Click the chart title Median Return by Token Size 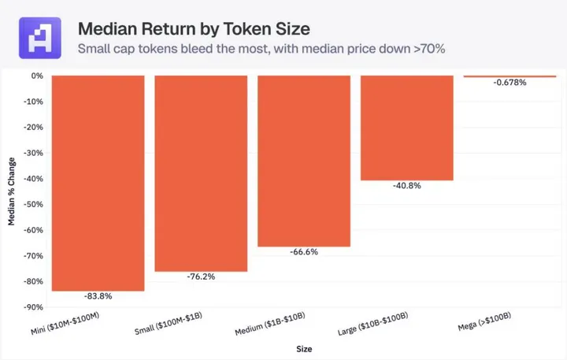193,29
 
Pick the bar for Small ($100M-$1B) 201,173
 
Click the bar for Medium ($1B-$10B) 304,161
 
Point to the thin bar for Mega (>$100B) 510,76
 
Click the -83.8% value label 98,297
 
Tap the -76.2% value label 201,277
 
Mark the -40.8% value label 406,187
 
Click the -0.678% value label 510,84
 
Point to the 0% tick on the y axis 37,76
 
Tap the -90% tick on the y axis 33,307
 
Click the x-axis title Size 303,347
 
